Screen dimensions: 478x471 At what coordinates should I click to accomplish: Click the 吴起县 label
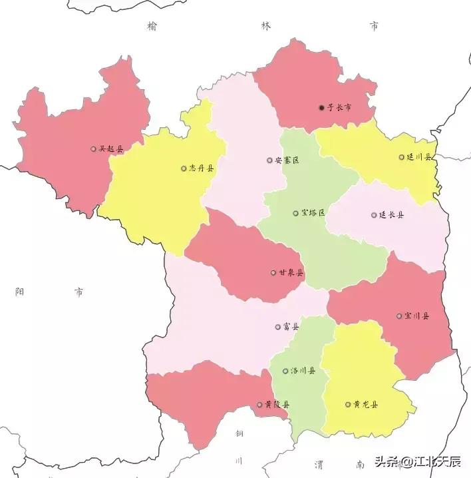111,149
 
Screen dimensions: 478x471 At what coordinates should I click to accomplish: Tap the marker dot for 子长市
321,107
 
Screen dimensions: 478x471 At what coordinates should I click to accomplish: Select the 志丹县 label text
202,168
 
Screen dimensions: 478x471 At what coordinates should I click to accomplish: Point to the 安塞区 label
287,160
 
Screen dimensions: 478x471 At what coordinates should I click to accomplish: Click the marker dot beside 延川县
401,158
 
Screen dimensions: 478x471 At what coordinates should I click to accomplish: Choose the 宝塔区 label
313,213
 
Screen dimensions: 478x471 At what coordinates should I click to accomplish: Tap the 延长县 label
391,215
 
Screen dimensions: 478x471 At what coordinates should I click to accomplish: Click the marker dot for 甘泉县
273,272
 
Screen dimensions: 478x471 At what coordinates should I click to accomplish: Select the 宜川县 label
416,316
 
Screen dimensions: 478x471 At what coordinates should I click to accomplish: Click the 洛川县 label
303,371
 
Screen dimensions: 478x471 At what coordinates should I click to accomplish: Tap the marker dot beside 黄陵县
259,404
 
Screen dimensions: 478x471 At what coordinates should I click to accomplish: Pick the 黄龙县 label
365,404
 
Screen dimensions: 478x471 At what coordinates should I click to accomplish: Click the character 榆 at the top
154,26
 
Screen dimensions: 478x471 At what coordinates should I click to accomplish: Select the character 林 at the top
266,26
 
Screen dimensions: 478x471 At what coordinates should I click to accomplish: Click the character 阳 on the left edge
19,292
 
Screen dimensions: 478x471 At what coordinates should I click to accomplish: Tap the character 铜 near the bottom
239,433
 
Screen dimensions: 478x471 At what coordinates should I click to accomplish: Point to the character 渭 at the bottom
318,464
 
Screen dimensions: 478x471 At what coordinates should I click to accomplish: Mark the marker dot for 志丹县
184,168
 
